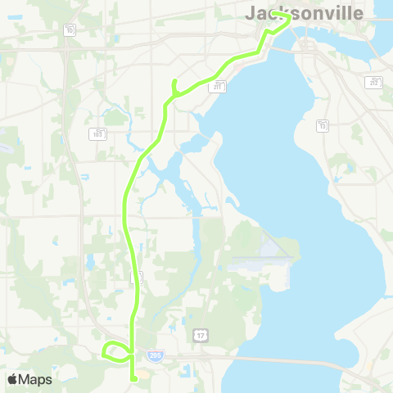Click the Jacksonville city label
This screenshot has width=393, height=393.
pos(304,14)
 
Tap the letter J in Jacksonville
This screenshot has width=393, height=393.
pos(251,14)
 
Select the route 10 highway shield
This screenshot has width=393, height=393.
pos(70,30)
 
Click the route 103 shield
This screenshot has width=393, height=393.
pos(97,133)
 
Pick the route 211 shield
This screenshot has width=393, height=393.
pos(217,85)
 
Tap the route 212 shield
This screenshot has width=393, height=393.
pos(373,83)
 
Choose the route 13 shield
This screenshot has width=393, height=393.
pos(323,125)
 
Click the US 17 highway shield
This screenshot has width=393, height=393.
pos(201,336)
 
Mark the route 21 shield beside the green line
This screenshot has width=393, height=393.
pos(137,278)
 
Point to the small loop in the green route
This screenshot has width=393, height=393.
pos(112,351)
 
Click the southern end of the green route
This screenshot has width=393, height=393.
pos(133,378)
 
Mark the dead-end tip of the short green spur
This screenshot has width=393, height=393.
pos(174,80)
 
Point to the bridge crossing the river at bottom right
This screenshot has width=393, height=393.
pos(327,364)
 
